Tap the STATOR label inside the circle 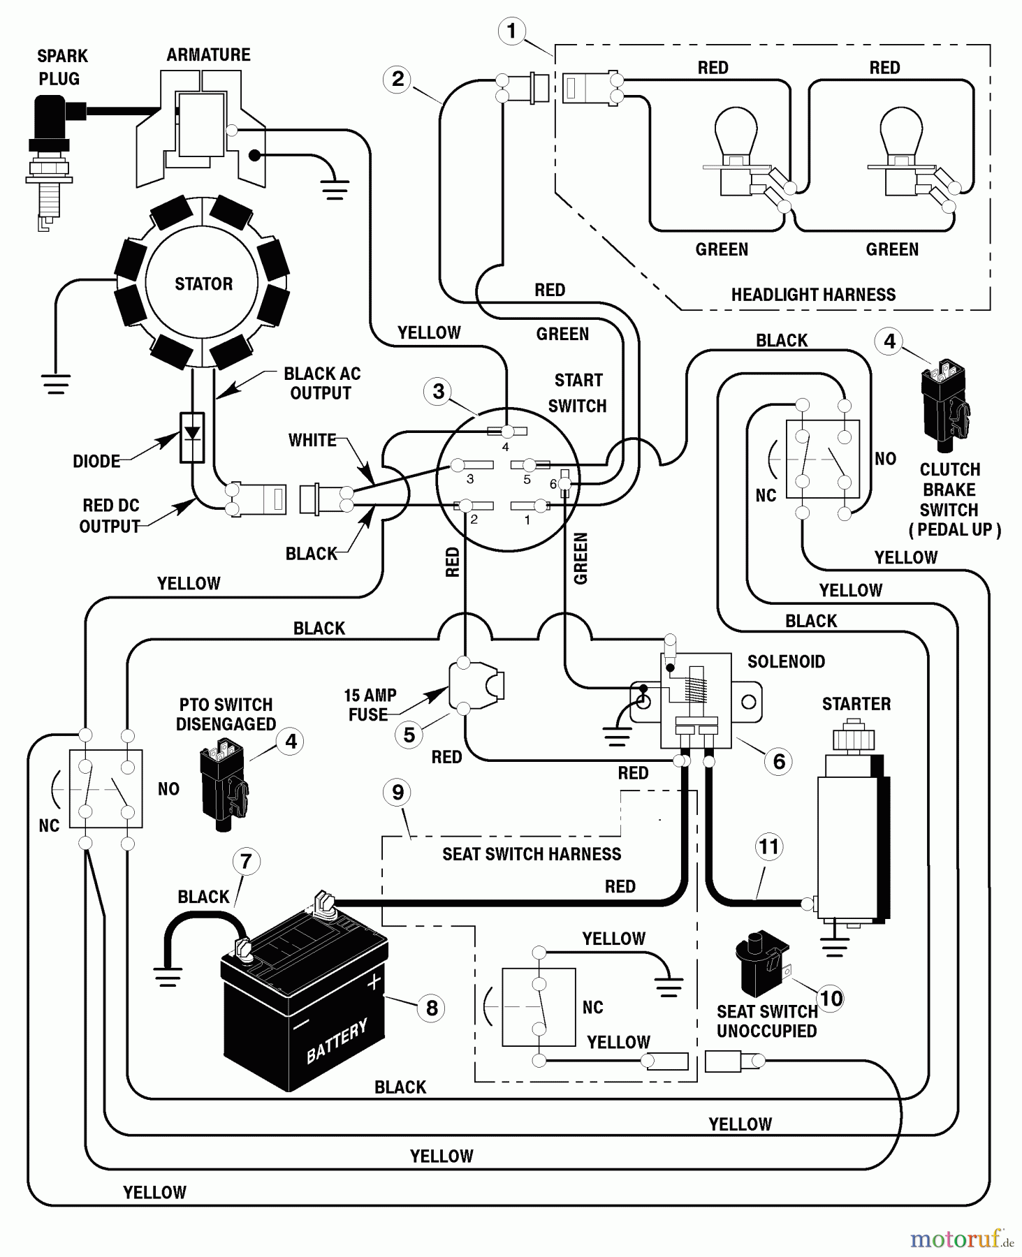click(x=203, y=284)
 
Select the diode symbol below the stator click(x=192, y=437)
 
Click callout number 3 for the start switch click(x=438, y=391)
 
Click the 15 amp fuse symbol click(x=475, y=685)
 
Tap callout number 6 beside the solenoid click(x=779, y=761)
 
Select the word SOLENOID click(x=786, y=661)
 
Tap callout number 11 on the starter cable click(x=768, y=847)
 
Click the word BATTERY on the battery click(x=337, y=1040)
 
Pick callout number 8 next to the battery click(x=432, y=1008)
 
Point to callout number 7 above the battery click(x=246, y=861)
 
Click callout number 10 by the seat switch click(x=831, y=999)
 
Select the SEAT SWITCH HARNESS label click(x=532, y=854)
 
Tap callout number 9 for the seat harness click(x=397, y=793)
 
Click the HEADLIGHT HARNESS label click(x=813, y=295)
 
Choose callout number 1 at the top click(x=511, y=31)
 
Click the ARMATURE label click(x=208, y=54)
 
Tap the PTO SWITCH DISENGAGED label click(x=226, y=714)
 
